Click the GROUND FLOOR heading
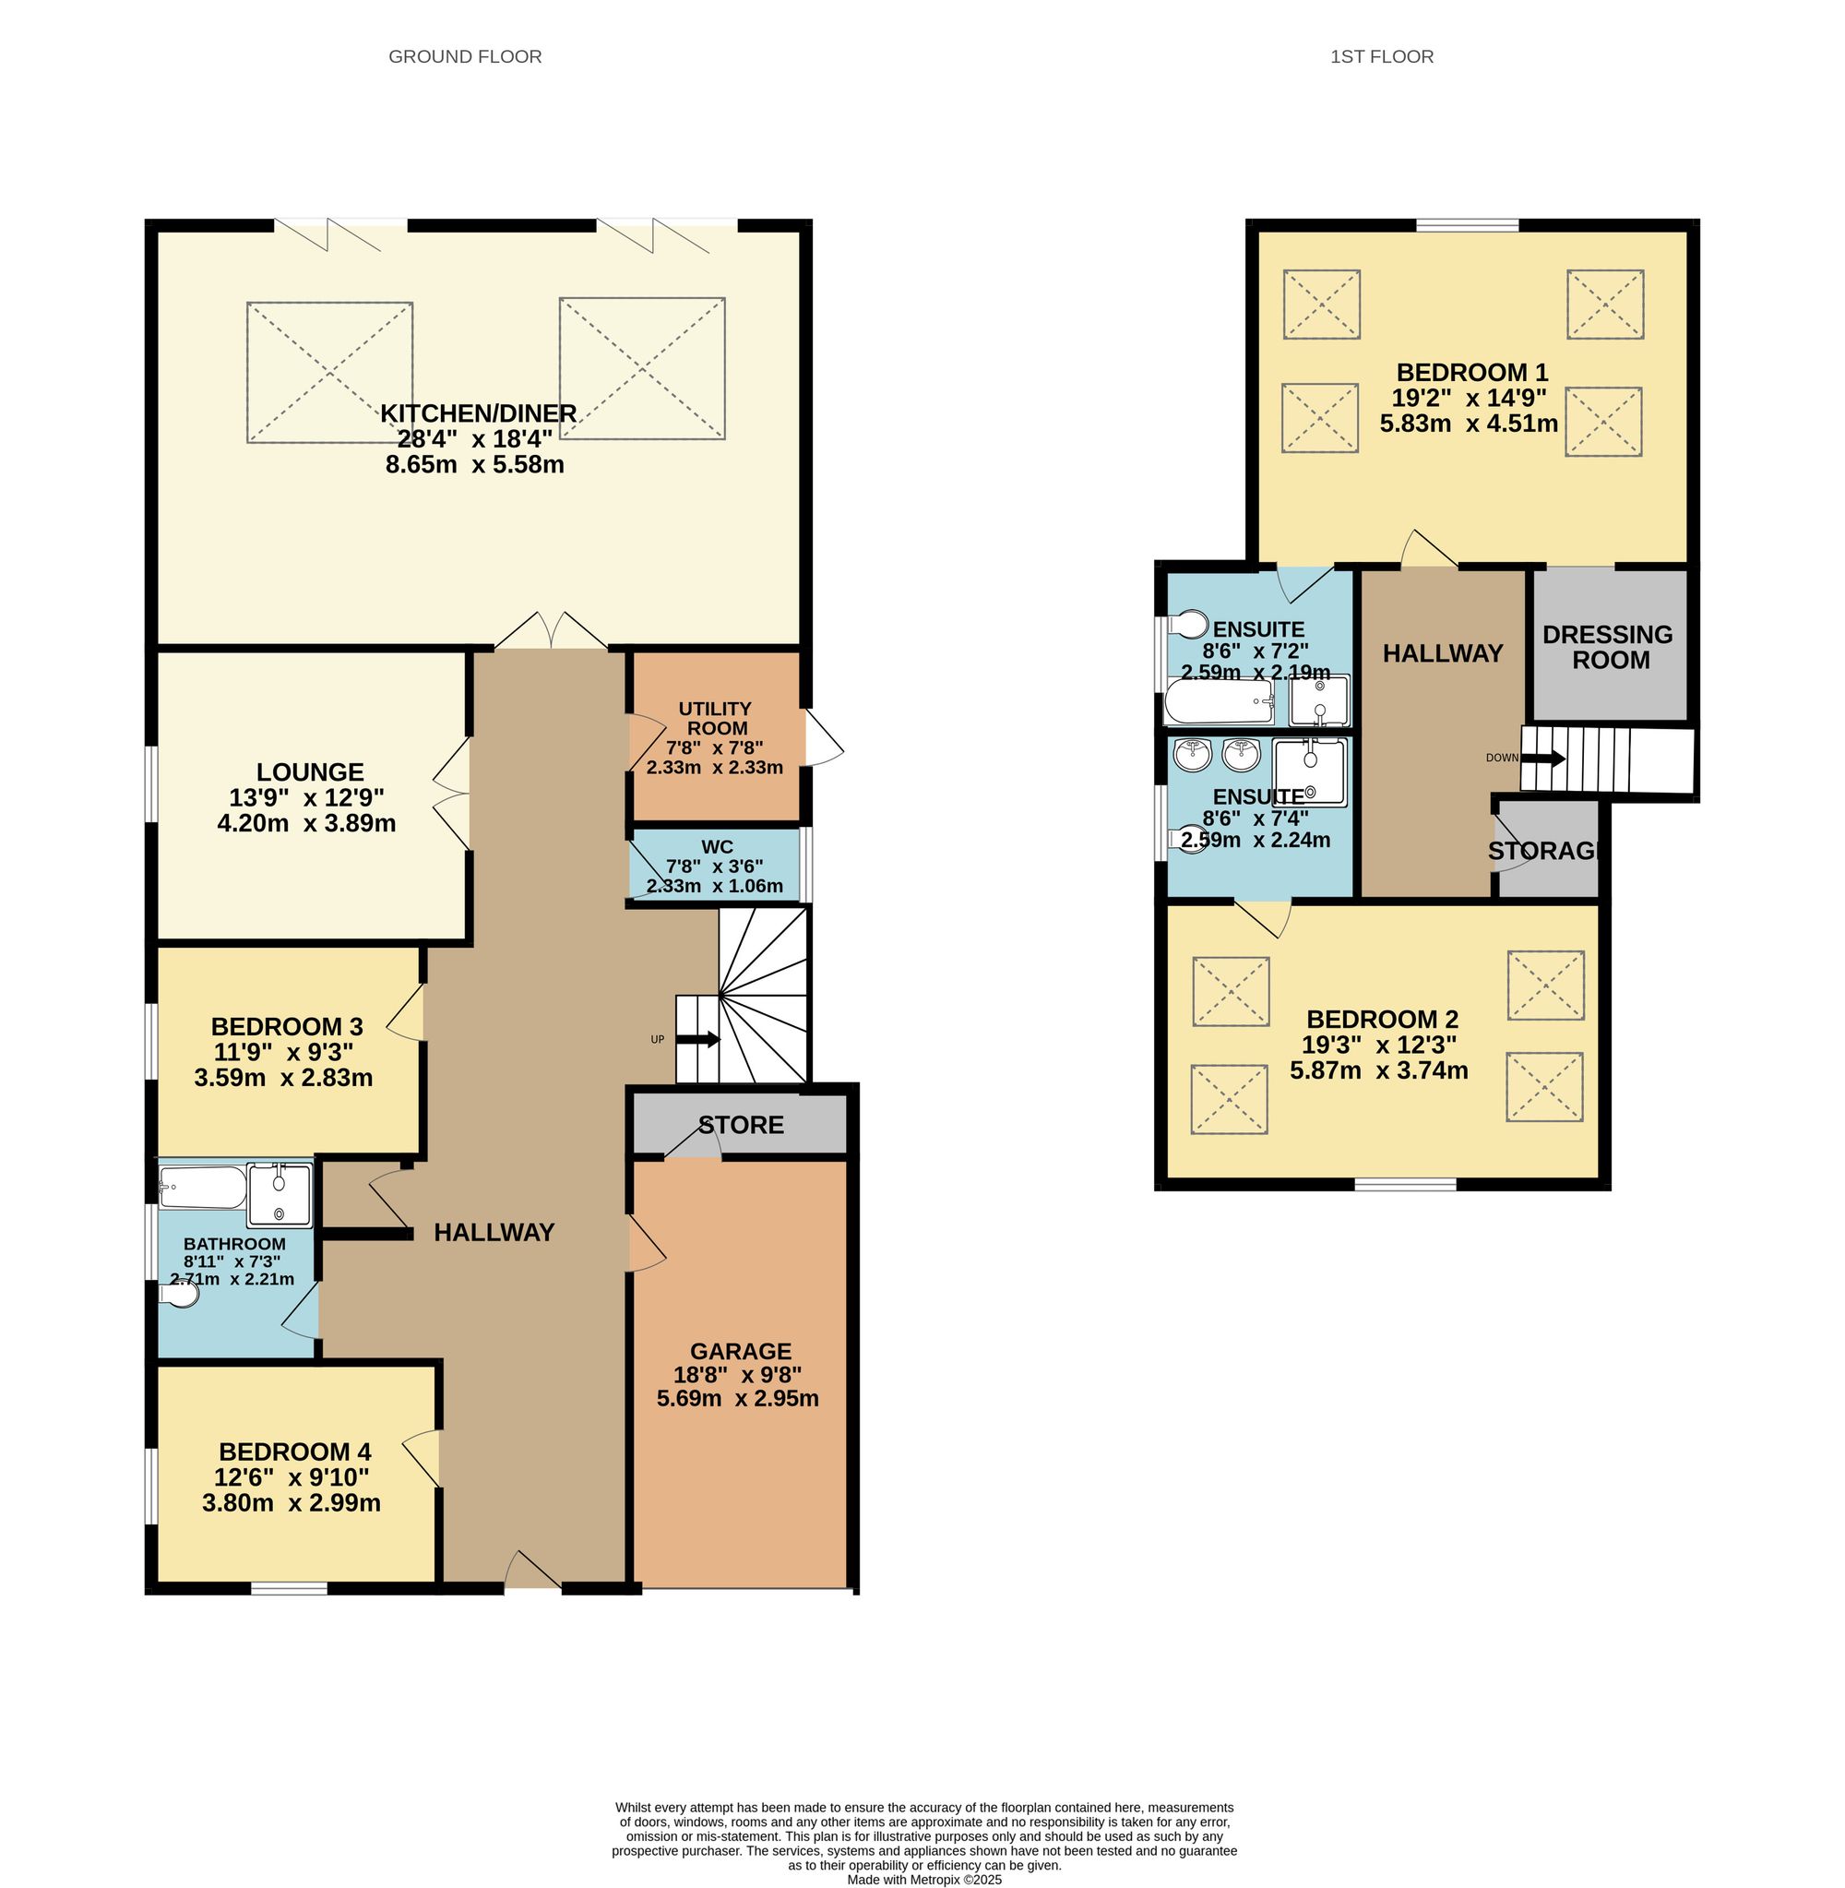pos(465,57)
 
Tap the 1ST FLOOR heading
pos(1381,57)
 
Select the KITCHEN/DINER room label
pos(478,413)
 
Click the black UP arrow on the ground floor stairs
pos(697,1039)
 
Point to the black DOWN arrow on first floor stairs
pos(1542,759)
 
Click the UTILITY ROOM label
pos(715,718)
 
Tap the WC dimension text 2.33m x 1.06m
pos(714,886)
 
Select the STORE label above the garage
pos(742,1125)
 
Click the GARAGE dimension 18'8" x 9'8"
pos(737,1374)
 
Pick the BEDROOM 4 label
pos(294,1452)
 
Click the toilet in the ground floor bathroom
pos(180,1295)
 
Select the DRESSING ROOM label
pos(1608,648)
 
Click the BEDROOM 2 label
pos(1382,1020)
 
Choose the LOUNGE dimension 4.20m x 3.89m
pos(306,824)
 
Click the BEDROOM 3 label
pos(287,1026)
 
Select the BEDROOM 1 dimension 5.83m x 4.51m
pos(1468,424)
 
